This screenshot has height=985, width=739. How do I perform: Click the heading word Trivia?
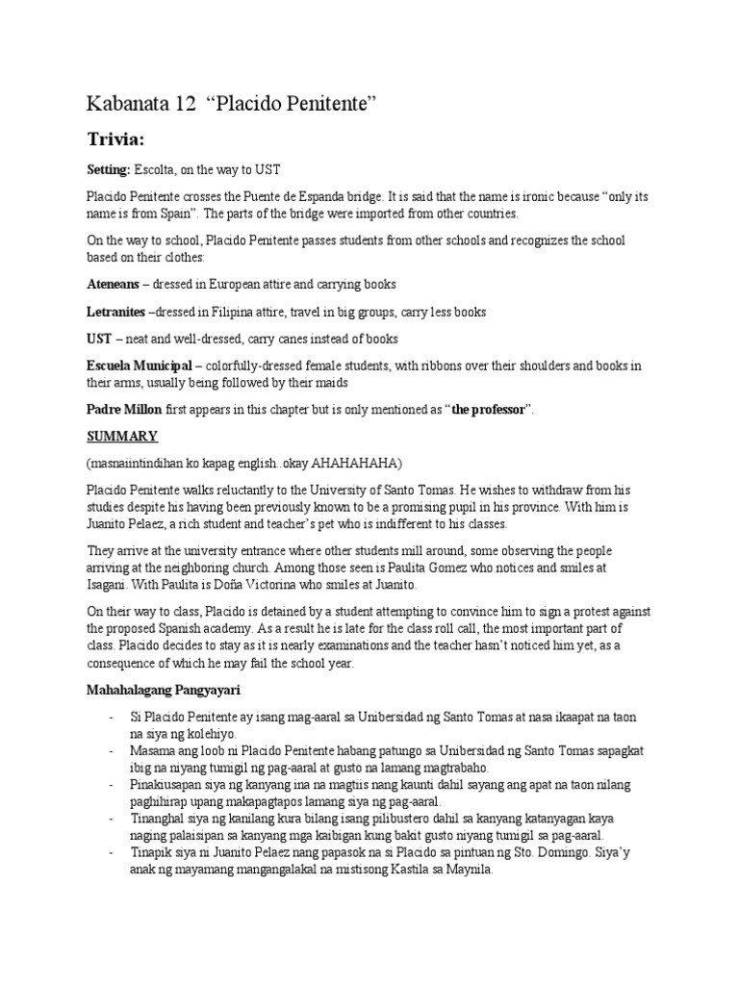click(x=119, y=139)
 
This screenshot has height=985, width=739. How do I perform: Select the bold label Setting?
click(x=109, y=171)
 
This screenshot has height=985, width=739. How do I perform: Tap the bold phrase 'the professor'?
click(x=488, y=409)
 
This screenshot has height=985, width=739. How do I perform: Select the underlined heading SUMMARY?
click(x=122, y=436)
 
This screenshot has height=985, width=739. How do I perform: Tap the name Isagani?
click(x=111, y=584)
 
